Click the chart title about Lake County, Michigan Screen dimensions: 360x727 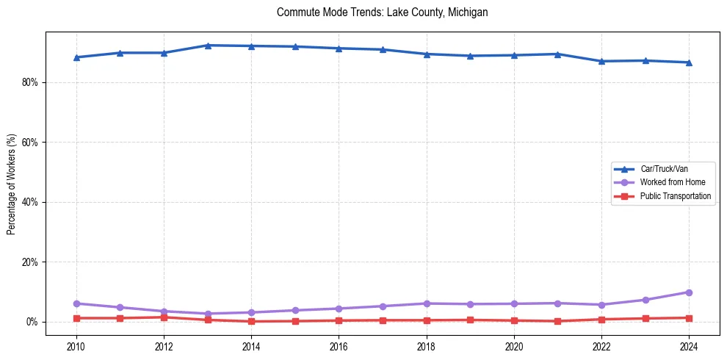(x=382, y=12)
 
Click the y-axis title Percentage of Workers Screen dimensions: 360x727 (x=12, y=184)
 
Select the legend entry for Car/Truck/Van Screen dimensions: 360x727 (x=664, y=169)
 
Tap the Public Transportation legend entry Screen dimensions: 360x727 (x=675, y=196)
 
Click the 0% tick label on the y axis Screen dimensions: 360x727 (x=32, y=322)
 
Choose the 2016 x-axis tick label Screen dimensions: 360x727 (x=339, y=346)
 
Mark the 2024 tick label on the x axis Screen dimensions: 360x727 (x=689, y=346)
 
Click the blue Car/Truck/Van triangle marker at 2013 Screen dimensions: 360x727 (x=208, y=46)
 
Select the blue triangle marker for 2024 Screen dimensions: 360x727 (x=689, y=62)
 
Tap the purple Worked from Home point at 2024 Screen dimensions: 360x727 (x=689, y=292)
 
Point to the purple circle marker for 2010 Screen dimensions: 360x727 (x=76, y=303)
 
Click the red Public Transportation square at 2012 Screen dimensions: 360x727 (x=164, y=317)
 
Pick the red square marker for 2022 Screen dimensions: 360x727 (x=601, y=320)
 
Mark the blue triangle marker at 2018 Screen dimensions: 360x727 (x=427, y=54)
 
